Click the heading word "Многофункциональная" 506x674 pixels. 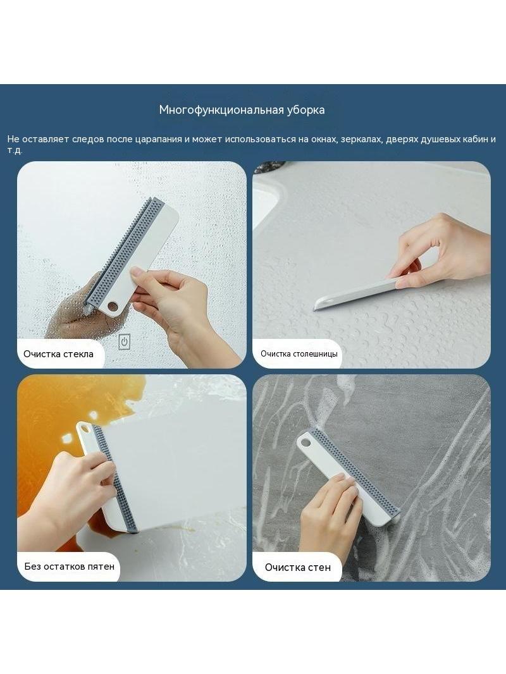221,110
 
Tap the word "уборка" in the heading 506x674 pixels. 306,110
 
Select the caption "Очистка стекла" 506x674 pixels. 58,354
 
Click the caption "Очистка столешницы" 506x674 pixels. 299,354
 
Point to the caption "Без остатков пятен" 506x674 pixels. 70,566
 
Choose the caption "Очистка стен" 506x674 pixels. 298,567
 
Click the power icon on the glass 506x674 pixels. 124,342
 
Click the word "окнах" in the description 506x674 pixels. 323,139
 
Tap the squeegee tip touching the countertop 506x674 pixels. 317,308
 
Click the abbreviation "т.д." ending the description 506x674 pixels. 15,150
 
